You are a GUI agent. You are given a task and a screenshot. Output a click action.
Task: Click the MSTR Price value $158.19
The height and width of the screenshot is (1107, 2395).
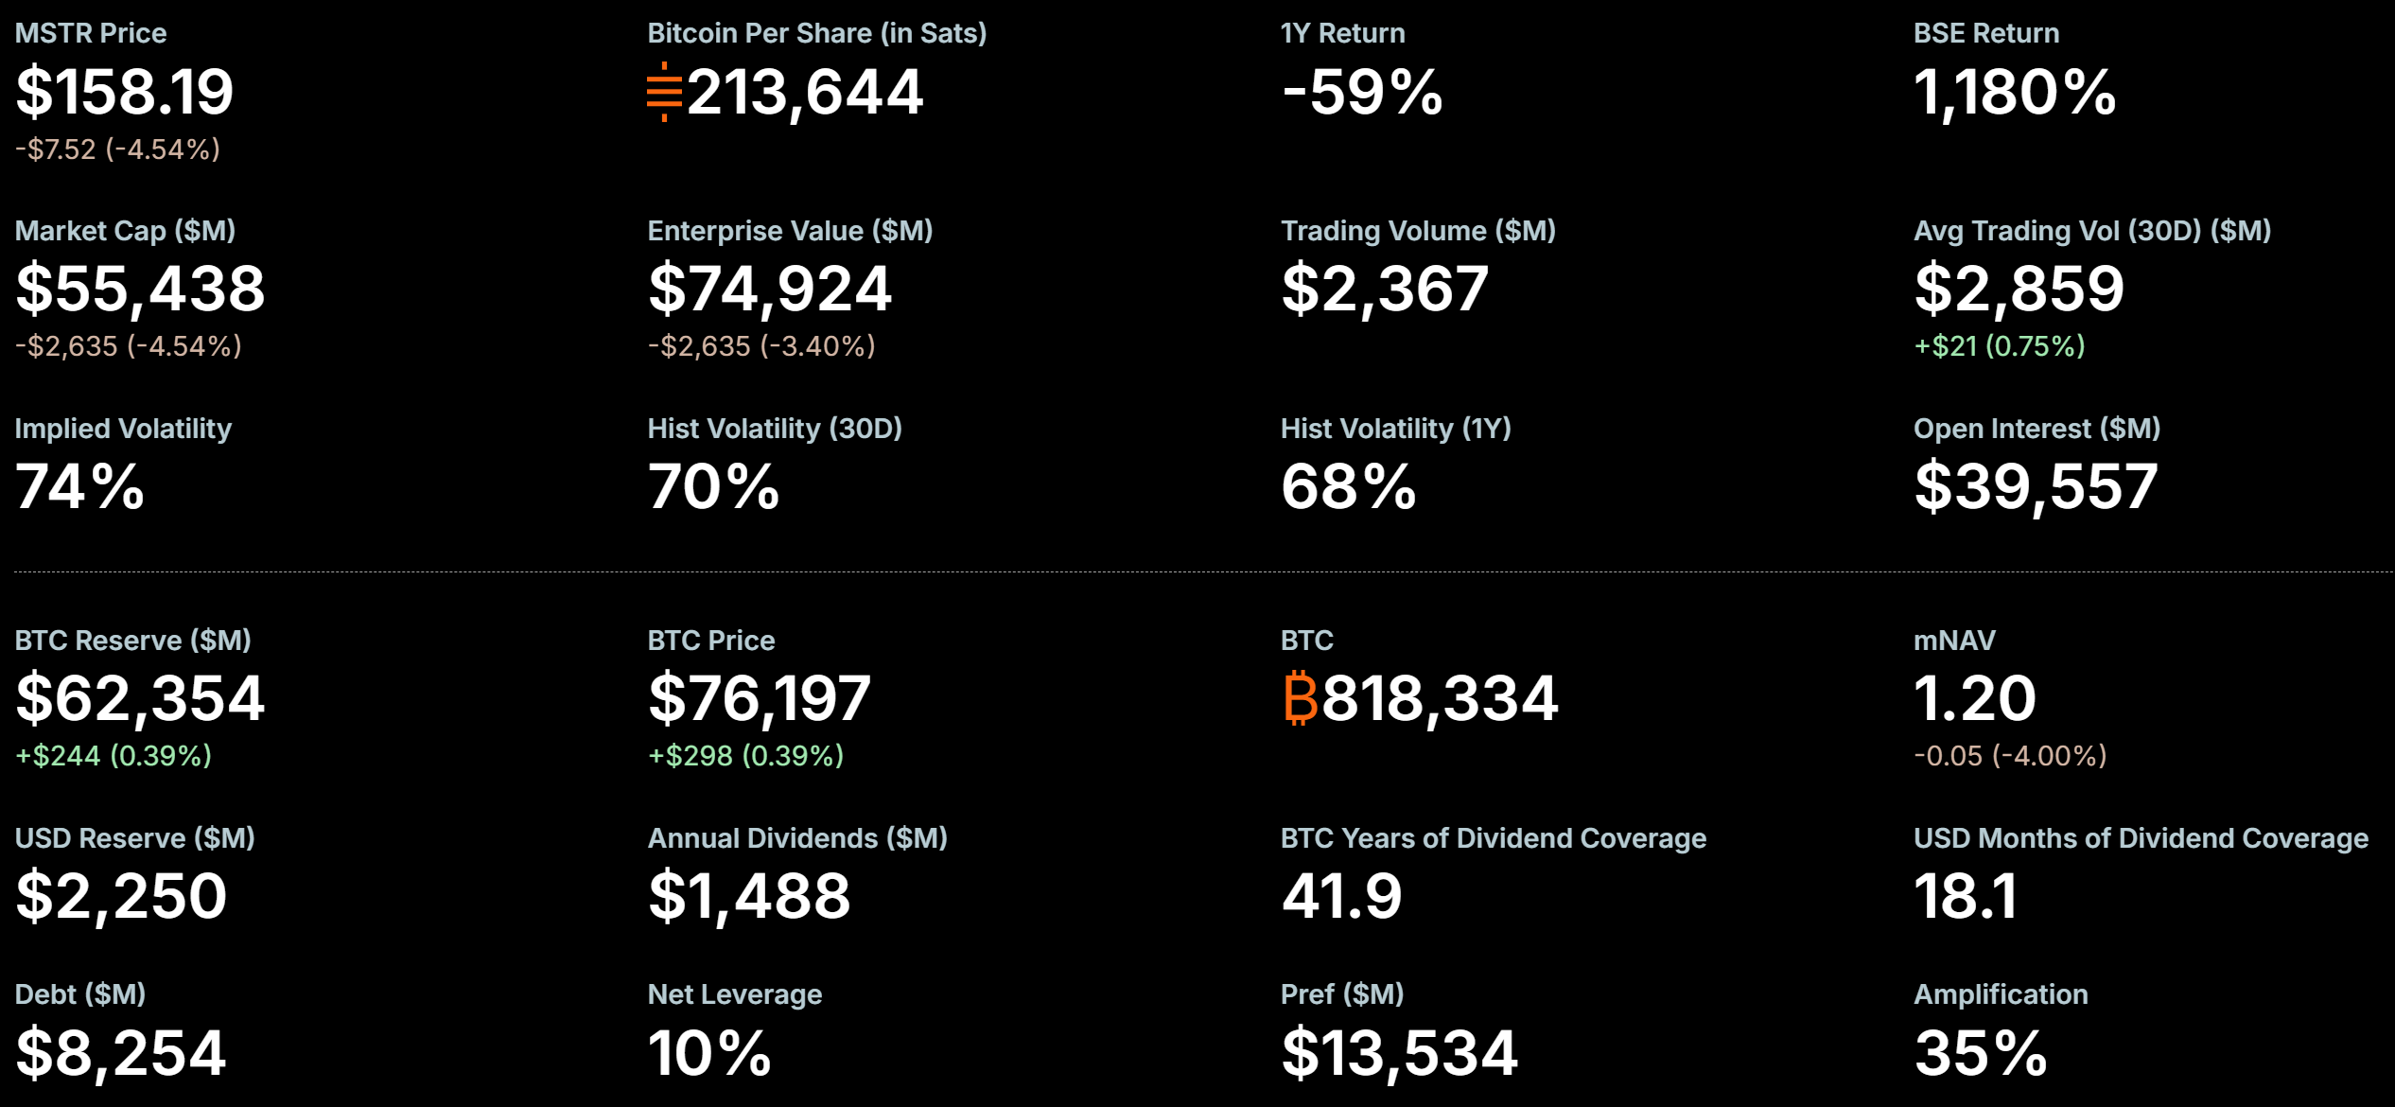(x=124, y=92)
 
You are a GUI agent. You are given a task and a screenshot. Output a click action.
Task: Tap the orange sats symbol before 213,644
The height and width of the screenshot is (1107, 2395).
(x=664, y=92)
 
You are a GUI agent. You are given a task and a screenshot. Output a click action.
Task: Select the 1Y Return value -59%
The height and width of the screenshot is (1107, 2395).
(x=1362, y=92)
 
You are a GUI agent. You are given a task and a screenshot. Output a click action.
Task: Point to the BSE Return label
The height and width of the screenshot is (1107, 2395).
(x=1985, y=33)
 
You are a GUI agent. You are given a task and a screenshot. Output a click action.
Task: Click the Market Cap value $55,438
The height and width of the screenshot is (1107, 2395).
(x=140, y=289)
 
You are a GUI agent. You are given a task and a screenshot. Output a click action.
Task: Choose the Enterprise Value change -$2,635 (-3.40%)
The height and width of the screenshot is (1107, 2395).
(x=761, y=346)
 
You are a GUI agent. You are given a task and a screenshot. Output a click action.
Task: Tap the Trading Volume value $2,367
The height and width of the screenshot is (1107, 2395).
(x=1385, y=289)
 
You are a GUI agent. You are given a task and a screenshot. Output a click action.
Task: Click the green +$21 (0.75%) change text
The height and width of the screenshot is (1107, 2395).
(x=1999, y=346)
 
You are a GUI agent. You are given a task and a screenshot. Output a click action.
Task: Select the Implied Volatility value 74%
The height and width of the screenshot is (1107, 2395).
(x=79, y=486)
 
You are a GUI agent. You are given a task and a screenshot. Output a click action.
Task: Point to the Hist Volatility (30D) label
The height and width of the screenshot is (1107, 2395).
(x=775, y=429)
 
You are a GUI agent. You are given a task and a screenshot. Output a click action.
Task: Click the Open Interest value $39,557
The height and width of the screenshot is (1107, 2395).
(x=2036, y=486)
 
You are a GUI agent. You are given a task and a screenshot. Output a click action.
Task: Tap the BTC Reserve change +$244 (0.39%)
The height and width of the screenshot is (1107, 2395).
(x=114, y=756)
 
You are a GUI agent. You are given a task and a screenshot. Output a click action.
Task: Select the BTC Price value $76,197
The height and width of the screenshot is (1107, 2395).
(x=759, y=698)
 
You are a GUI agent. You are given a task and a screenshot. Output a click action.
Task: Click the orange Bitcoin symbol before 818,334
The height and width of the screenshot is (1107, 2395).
(x=1300, y=698)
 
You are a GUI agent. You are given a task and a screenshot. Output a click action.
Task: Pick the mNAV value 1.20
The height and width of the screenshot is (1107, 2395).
(x=1974, y=698)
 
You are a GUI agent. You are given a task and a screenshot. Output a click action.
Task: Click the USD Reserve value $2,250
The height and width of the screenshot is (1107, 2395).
(x=121, y=896)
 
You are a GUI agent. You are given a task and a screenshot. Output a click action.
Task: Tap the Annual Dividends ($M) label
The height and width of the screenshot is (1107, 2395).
(x=797, y=838)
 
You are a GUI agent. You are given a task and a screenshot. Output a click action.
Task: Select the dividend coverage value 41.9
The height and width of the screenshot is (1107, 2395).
(x=1341, y=896)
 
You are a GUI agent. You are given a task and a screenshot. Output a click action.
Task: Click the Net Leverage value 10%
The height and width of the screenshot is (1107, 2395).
(x=709, y=1052)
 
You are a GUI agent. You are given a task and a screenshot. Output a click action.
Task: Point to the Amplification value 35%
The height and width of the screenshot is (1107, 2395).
(x=1981, y=1052)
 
